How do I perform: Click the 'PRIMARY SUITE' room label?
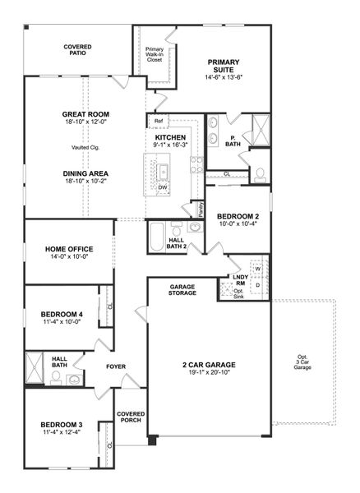[227, 62]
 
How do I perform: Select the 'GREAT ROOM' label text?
[85, 114]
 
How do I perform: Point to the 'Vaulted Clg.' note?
[85, 147]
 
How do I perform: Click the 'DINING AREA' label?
[85, 173]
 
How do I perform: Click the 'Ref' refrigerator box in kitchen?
[159, 121]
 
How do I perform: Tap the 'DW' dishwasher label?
[163, 187]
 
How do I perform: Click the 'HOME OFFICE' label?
[69, 249]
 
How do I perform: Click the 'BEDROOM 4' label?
[62, 313]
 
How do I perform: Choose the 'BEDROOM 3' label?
[62, 425]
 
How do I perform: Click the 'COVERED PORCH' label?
[131, 417]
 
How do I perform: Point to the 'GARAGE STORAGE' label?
[182, 290]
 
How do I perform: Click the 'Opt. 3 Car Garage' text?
[303, 362]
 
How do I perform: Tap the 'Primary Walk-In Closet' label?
[155, 48]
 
